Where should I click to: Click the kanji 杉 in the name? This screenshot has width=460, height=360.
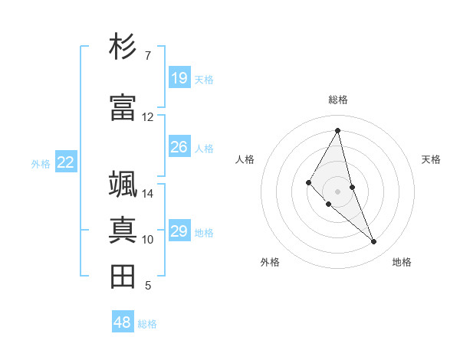(x=123, y=47)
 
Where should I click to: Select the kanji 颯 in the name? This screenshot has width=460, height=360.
(x=123, y=185)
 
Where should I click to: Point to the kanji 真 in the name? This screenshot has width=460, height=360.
(x=123, y=231)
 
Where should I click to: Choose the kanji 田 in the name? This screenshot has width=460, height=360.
(x=123, y=277)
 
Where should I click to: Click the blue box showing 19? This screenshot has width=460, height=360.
(x=179, y=78)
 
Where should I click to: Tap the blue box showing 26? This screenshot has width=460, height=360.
(x=179, y=147)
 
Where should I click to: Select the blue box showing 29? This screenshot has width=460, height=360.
(x=179, y=231)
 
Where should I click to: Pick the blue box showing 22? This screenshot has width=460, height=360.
(x=66, y=162)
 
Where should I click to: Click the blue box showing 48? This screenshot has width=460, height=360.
(x=123, y=322)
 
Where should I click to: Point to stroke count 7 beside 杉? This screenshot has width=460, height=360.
(x=148, y=56)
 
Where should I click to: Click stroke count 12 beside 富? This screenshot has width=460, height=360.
(x=148, y=117)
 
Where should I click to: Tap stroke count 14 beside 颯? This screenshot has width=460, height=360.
(x=148, y=194)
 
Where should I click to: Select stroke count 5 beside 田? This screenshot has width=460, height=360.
(x=148, y=286)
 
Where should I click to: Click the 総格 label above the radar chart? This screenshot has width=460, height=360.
(x=338, y=100)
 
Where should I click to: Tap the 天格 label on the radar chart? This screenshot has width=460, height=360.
(x=431, y=159)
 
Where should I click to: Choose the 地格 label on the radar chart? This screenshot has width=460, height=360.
(x=402, y=262)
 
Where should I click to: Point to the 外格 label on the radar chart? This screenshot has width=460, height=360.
(x=270, y=262)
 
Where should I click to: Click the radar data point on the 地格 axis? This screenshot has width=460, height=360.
(x=374, y=242)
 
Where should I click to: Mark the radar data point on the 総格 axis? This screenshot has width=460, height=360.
(x=338, y=130)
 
